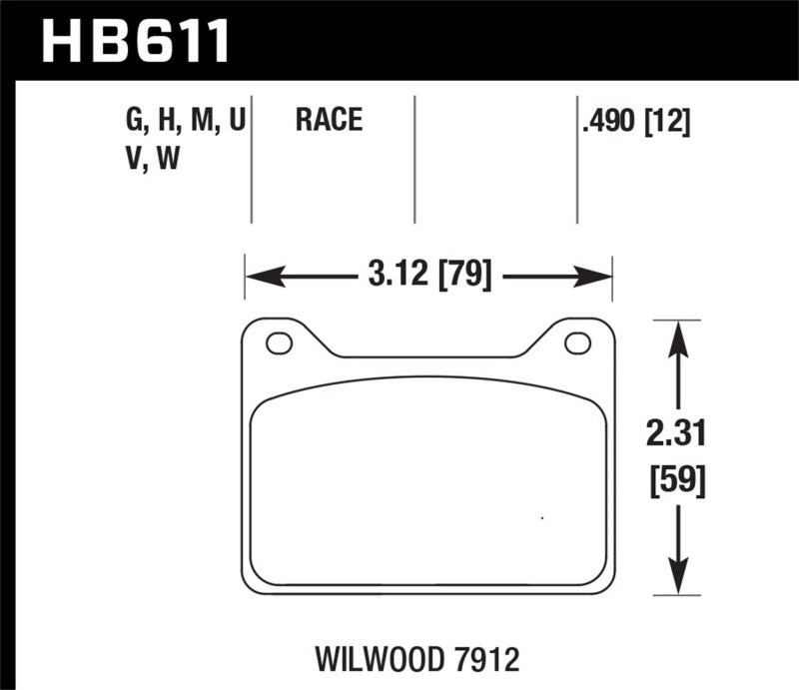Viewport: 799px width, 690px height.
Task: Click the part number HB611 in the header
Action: point(136,41)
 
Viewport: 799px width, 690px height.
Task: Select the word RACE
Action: point(328,122)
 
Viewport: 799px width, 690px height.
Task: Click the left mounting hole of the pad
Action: point(279,344)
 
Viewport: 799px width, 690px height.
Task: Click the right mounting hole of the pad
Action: point(577,344)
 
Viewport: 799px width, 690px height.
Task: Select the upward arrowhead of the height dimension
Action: point(679,335)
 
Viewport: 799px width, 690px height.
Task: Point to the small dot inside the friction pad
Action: point(541,518)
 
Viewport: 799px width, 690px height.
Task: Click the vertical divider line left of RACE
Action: point(251,160)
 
